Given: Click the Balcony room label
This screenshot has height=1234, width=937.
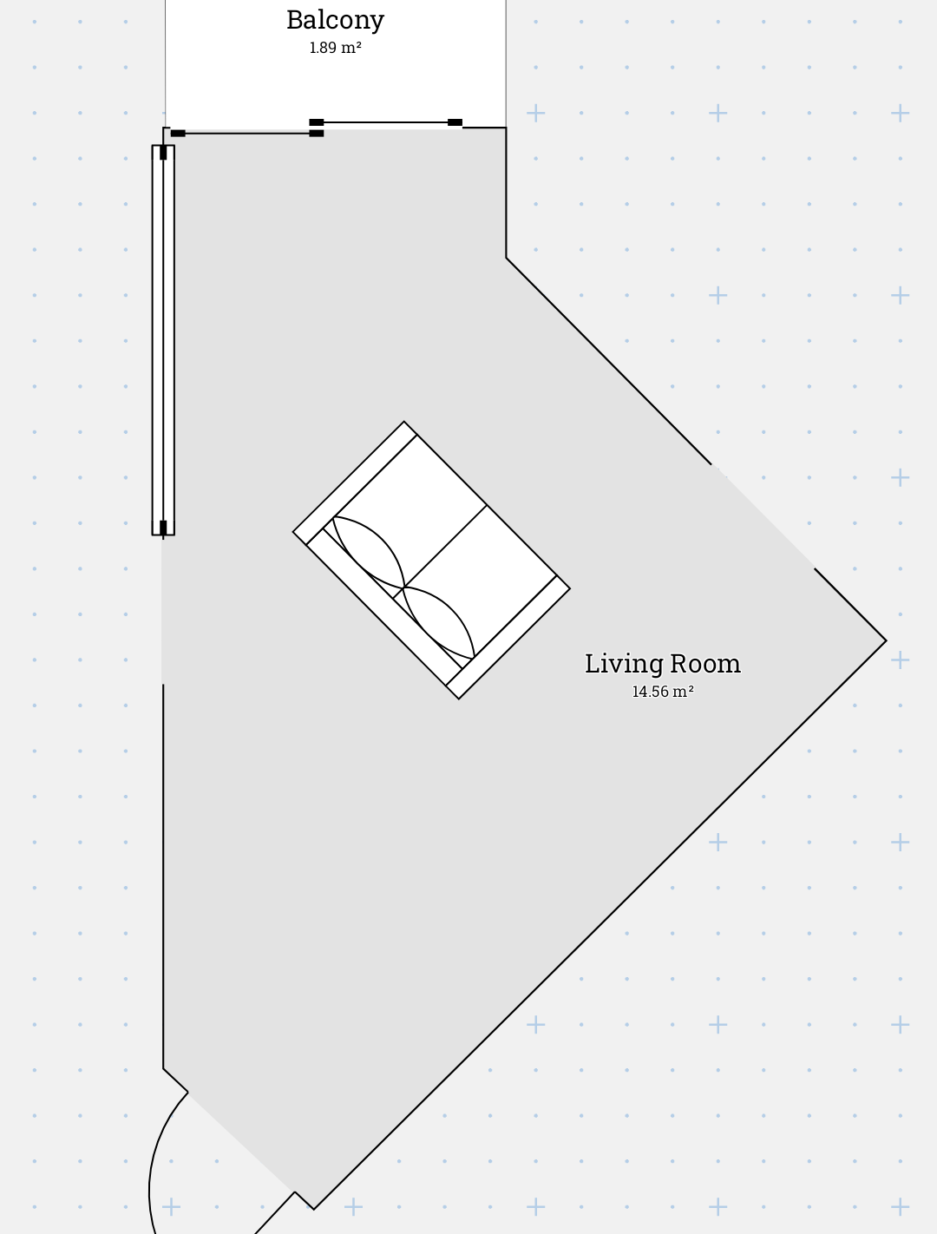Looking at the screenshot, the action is coord(335,20).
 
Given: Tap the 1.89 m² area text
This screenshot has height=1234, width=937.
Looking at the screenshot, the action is coord(335,48).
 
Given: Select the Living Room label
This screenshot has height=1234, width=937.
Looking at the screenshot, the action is coord(663,663).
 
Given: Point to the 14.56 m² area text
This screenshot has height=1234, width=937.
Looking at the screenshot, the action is coord(663,692).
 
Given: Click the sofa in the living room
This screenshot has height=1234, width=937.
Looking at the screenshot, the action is coord(432,560).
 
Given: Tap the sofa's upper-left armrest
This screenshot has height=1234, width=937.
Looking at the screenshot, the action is coord(355,482).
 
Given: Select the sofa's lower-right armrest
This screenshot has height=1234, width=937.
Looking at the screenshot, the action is coord(508,637).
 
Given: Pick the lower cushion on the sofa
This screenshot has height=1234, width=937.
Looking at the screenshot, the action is coord(438,622).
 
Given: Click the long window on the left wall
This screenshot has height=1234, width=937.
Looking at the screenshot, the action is coord(163,340).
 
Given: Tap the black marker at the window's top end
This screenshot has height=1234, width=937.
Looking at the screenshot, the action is coord(163,153).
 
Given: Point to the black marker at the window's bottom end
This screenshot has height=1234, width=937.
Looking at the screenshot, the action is coord(163,528).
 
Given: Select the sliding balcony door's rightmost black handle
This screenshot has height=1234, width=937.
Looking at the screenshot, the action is coord(455,122).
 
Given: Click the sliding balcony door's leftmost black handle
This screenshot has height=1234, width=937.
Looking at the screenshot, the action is coord(178,134).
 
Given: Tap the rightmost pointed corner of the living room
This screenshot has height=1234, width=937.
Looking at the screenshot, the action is coord(887,640).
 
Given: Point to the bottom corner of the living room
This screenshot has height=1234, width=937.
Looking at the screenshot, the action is coord(314,1209).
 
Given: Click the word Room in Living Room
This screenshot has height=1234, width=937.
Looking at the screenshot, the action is coord(705,663).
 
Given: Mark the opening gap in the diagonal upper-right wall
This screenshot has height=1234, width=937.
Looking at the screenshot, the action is coord(763,516).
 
